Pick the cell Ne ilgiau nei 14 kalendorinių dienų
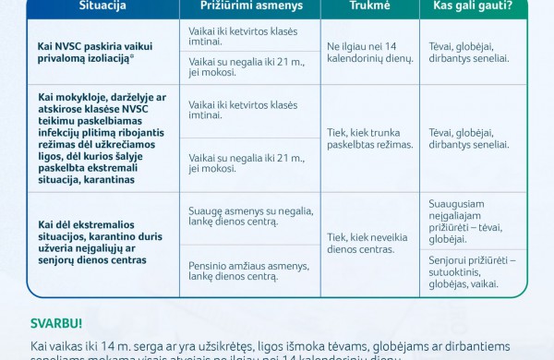point(367,51)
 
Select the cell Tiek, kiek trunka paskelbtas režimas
point(367,138)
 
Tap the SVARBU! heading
point(56,323)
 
